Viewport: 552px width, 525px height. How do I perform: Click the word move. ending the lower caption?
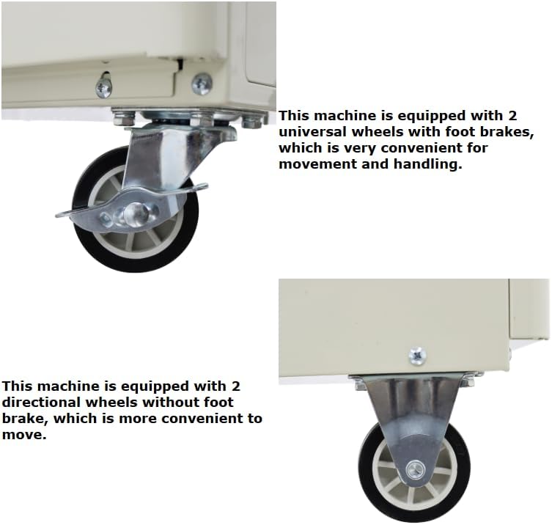24,435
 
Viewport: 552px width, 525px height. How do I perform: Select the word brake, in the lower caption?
26,419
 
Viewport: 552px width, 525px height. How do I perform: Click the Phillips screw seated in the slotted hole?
104,87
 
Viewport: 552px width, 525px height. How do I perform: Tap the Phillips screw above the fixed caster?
417,356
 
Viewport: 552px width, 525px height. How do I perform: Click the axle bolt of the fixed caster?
416,470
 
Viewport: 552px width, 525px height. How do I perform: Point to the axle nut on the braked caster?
137,213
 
